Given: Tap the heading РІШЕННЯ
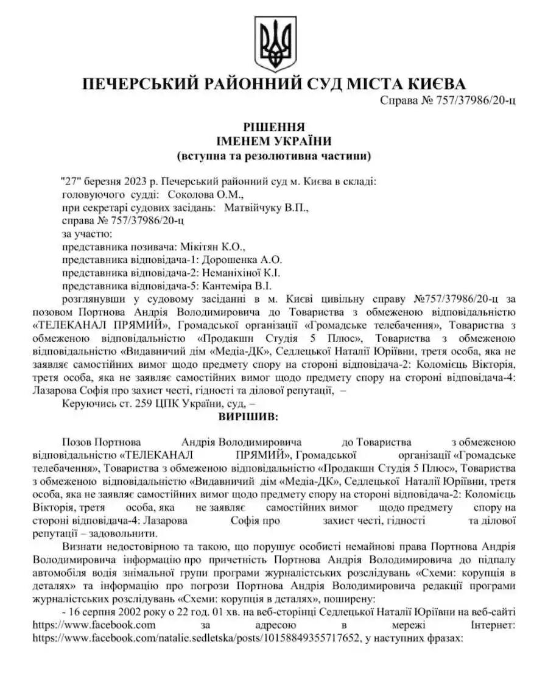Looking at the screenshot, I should click(273, 127).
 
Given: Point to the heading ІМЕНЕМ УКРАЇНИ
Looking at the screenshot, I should click(273, 141).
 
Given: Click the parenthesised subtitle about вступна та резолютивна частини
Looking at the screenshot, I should click(273, 156).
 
